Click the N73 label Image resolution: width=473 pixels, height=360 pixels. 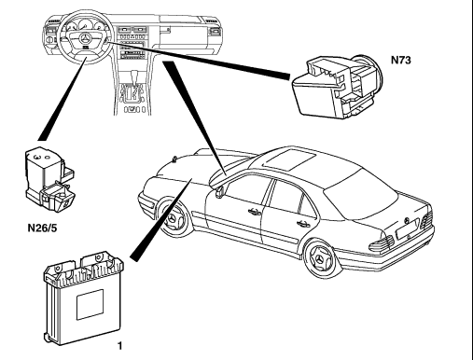(x=400, y=60)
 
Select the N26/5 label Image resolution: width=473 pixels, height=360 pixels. (x=43, y=228)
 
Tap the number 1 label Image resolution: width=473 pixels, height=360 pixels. (x=120, y=345)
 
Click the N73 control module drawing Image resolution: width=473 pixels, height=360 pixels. (x=337, y=86)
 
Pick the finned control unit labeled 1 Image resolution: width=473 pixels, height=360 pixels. (x=83, y=297)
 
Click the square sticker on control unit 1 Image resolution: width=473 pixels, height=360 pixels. (x=90, y=305)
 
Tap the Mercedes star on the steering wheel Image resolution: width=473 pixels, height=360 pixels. (x=85, y=39)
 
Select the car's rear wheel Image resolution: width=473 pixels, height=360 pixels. (x=320, y=259)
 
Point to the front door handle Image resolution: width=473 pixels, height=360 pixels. (x=255, y=212)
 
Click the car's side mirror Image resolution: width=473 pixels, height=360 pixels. (x=220, y=191)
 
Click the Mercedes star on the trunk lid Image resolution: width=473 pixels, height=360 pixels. (x=407, y=220)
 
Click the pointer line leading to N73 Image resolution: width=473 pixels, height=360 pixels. (x=199, y=59)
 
